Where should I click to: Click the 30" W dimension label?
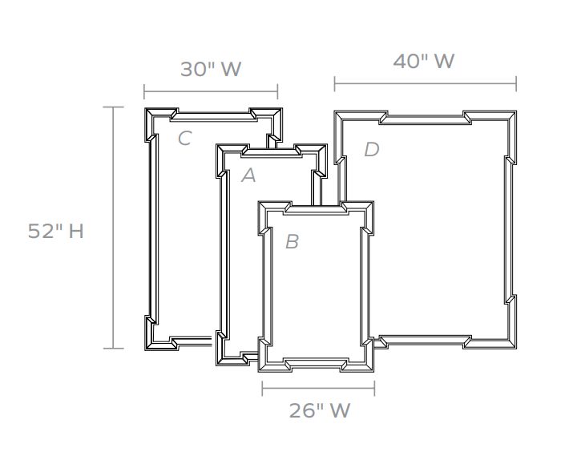click(211, 69)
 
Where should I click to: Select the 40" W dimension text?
click(424, 61)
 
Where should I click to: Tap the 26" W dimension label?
click(320, 410)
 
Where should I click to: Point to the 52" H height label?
click(55, 231)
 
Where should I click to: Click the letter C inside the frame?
click(185, 139)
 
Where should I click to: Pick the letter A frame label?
click(249, 176)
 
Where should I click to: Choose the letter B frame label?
click(292, 241)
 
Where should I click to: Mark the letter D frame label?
click(372, 149)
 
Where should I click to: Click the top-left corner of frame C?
click(145, 108)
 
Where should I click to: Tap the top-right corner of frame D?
click(516, 111)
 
